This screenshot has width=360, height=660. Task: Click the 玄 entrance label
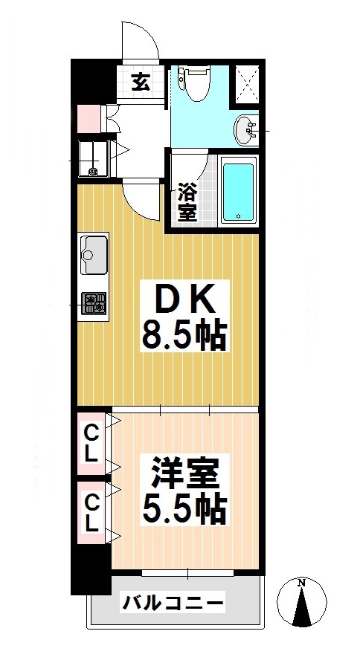pos(141,82)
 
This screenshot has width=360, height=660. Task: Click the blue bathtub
pos(239,191)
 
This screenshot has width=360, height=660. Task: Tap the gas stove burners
pos(94,303)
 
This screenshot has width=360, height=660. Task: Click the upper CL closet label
pos(91,443)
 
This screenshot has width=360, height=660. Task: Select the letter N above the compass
pos(301,583)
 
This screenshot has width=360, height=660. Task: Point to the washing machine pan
pos(93,158)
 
